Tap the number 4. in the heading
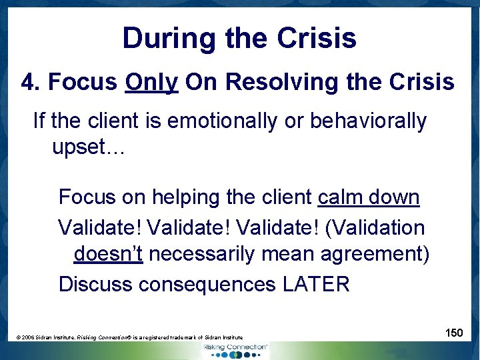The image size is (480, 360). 31,82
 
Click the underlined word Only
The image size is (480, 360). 151,82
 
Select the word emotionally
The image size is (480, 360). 222,121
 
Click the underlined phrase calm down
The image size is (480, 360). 369,198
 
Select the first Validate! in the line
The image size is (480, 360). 100,227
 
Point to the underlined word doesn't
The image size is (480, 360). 108,255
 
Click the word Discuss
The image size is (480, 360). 95,284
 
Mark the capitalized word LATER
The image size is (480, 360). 316,284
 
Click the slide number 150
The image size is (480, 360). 454,333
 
